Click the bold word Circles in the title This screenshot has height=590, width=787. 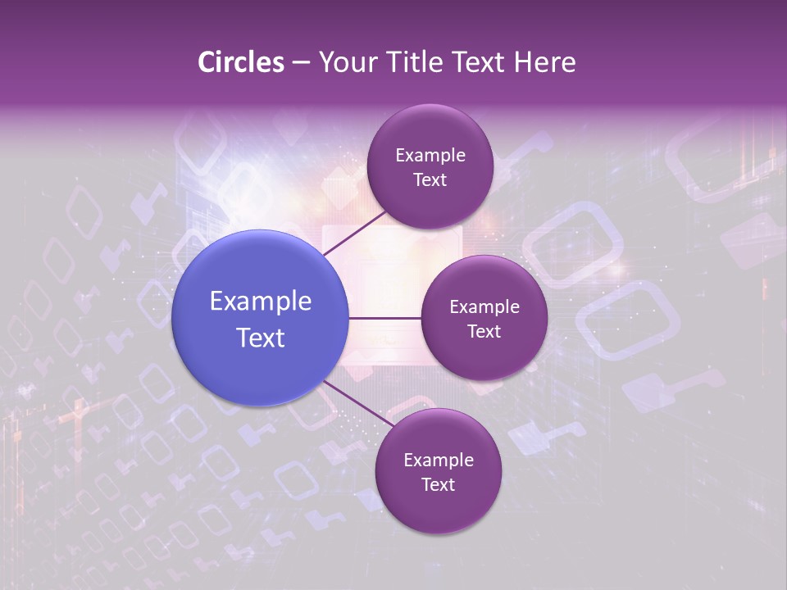pos(241,62)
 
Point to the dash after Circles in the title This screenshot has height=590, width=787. pos(301,63)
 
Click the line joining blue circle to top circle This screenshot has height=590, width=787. pos(354,233)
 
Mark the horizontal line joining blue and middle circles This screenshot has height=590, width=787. pos(384,318)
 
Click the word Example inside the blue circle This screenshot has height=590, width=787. pos(261,302)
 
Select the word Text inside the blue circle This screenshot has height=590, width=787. pos(261,338)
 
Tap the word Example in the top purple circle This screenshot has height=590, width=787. pos(430,156)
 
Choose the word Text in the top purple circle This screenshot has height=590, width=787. pos(430,180)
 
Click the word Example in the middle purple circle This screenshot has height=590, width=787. pos(484,307)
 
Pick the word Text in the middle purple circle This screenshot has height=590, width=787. pos(484,331)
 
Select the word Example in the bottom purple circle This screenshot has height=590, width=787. pos(439,461)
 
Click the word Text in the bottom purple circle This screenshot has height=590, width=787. pos(438,484)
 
